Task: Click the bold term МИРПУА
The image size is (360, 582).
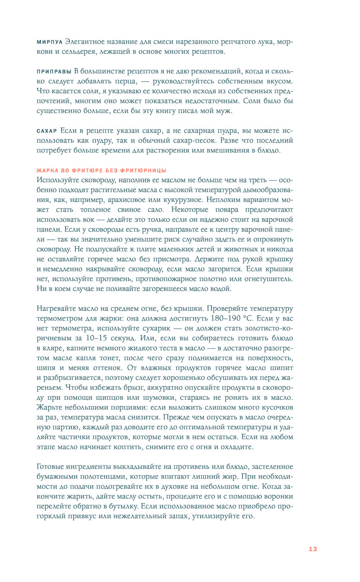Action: point(50,42)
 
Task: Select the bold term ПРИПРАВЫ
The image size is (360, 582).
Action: point(54,72)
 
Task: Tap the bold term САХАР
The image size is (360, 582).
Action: point(47,131)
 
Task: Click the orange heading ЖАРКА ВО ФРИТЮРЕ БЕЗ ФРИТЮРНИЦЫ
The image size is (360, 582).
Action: point(101,171)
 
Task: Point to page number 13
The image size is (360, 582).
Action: point(313,549)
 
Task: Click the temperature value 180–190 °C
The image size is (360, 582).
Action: point(232,319)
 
